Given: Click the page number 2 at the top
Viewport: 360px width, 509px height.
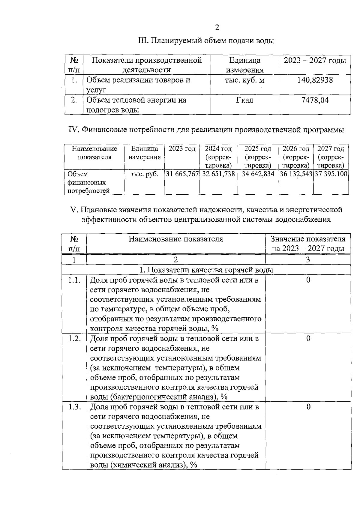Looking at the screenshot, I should click(x=217, y=28).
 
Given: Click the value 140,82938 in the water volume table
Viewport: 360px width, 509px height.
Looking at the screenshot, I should click(x=315, y=80).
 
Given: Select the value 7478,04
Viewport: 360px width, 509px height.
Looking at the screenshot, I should click(x=315, y=100).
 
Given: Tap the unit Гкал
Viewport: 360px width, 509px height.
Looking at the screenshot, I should click(x=244, y=100).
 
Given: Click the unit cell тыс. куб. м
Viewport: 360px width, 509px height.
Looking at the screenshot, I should click(x=244, y=80).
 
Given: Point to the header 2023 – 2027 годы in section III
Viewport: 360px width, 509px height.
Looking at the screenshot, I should click(x=315, y=61).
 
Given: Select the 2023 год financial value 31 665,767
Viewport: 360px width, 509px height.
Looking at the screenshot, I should click(x=182, y=174).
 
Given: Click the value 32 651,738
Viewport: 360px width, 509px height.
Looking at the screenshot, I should click(x=218, y=174).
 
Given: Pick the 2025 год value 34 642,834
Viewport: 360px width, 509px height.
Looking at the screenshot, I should click(x=258, y=174).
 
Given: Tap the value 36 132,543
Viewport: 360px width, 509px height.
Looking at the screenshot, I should click(x=296, y=174).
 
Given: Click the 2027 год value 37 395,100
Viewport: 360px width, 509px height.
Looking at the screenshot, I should click(x=331, y=174).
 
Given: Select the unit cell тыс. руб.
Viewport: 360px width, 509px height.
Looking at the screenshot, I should click(x=145, y=174).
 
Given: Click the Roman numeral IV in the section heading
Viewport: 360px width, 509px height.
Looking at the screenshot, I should click(x=73, y=130).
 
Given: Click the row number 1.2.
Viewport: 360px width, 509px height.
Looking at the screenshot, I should click(x=74, y=339).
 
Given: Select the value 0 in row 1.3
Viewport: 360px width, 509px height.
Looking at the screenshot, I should click(x=308, y=407).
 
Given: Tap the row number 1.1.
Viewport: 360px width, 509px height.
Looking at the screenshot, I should click(x=74, y=280).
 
